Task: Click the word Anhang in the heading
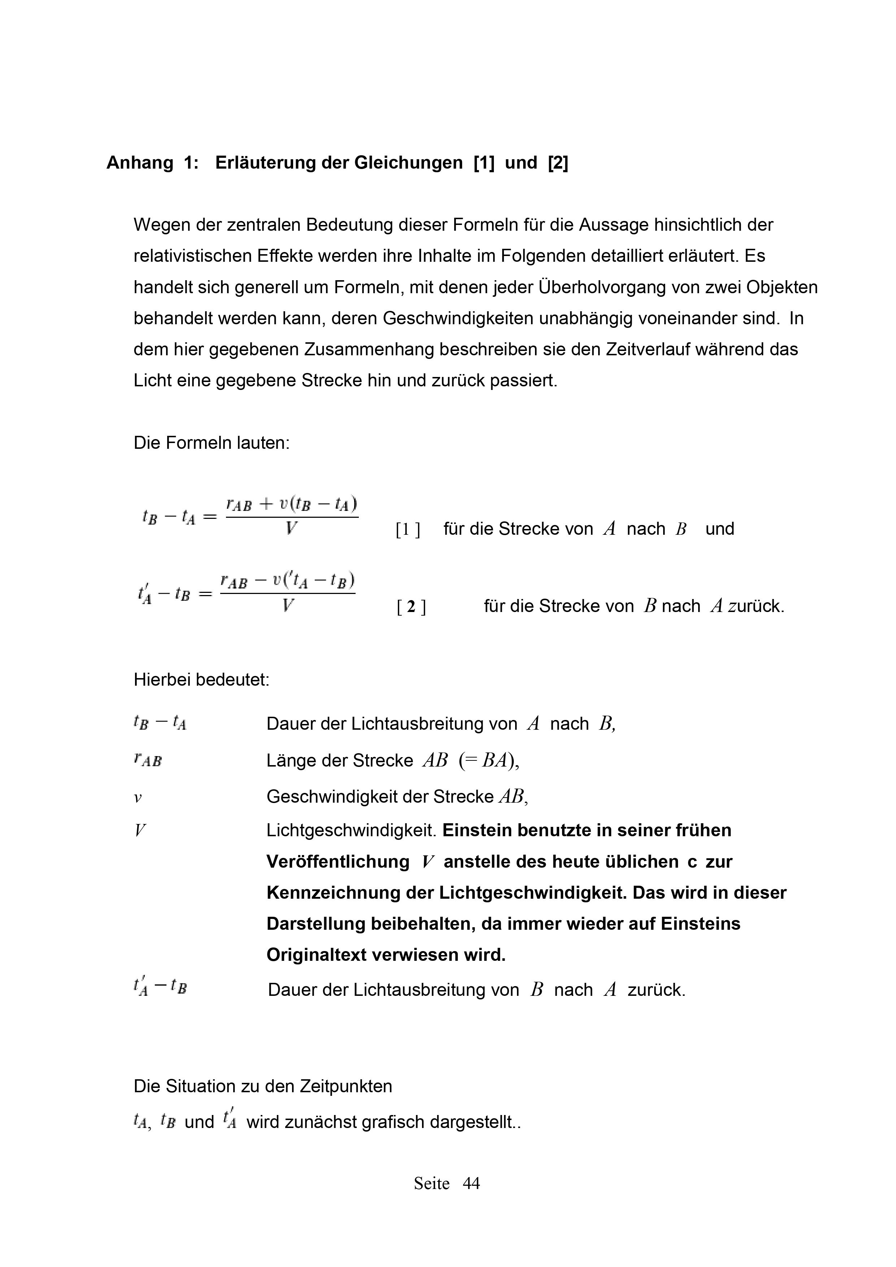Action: (x=140, y=163)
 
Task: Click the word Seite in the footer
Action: (x=431, y=1183)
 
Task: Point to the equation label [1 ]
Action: (x=408, y=530)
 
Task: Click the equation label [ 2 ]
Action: (x=411, y=607)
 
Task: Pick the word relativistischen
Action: (x=192, y=256)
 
